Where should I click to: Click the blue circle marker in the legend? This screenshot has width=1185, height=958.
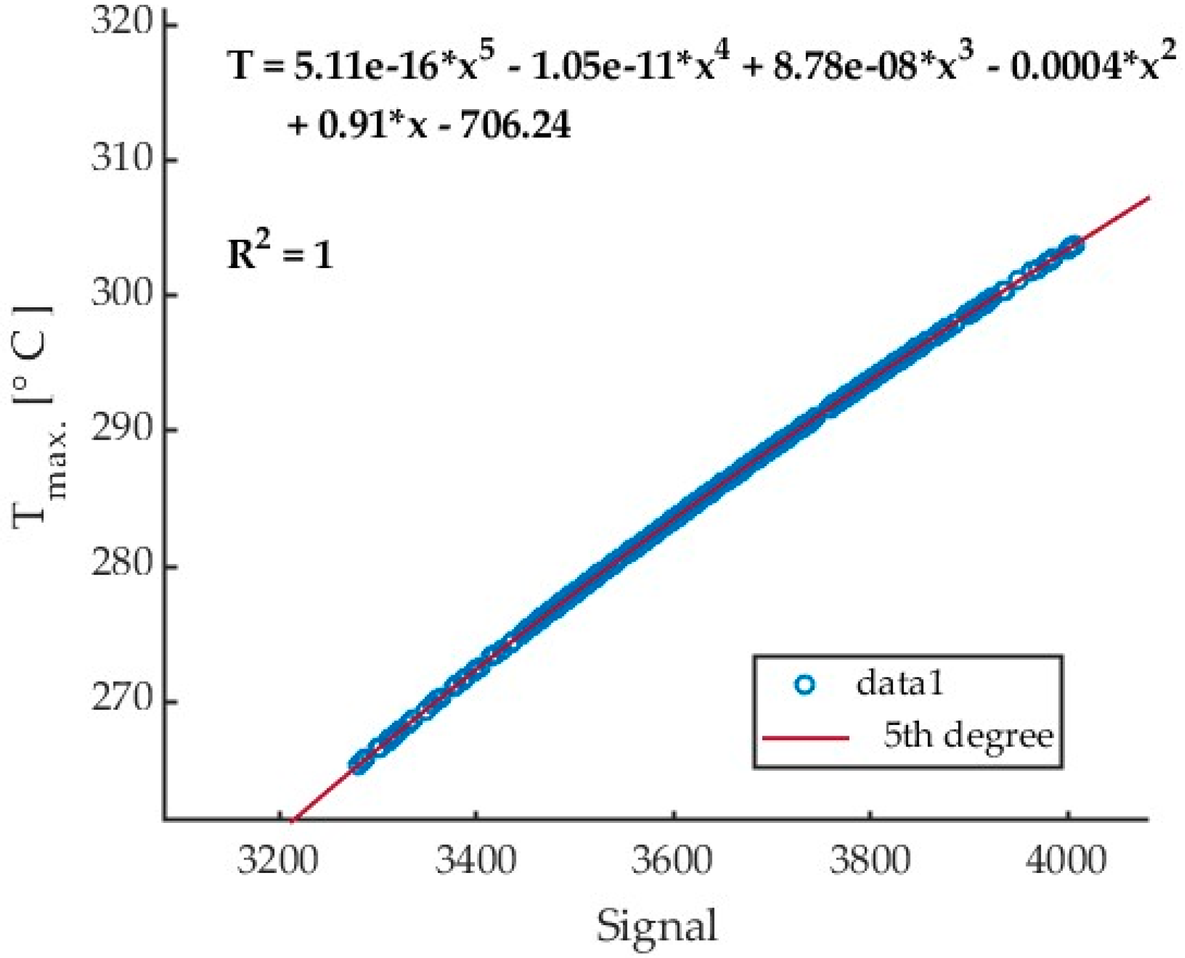(805, 685)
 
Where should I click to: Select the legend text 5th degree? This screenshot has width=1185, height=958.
(969, 736)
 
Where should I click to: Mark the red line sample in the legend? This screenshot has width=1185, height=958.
(805, 737)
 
